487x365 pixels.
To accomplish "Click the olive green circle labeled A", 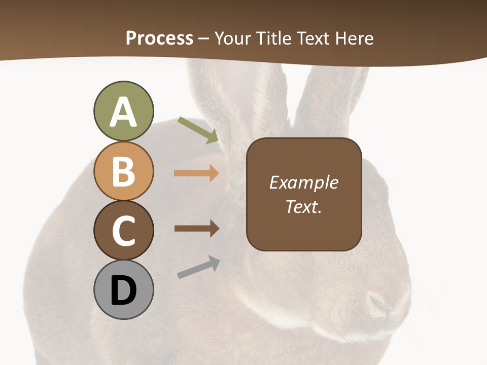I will coord(123,111).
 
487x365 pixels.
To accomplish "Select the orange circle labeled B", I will coord(123,171).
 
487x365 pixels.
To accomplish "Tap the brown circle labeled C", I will coord(123,230).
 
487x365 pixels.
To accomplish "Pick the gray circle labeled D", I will coord(123,289).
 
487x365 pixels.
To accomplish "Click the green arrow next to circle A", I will coord(198,130).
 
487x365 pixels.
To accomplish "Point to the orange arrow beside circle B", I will coord(196,173).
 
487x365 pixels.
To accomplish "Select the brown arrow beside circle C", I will coord(197,229).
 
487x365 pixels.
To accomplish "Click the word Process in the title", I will coord(159,38).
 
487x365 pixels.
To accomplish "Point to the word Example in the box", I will coord(304,182).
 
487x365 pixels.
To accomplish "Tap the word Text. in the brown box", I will coord(304,206).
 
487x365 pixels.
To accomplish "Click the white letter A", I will coord(123,112).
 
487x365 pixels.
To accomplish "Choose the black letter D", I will coord(123,290).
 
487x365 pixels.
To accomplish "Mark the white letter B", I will coord(123,171).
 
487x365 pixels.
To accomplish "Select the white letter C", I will coord(123,231).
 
